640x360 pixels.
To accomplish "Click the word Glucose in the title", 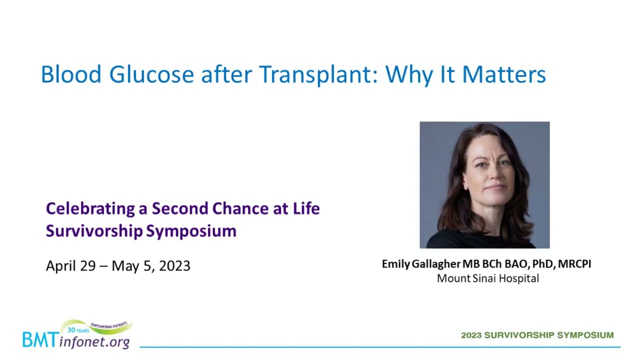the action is point(151,74).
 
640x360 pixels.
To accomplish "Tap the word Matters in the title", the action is point(504,74).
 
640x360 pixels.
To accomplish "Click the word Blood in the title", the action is point(71,74).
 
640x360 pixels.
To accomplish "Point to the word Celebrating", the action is point(90,209).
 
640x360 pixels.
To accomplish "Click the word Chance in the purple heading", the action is point(240,208).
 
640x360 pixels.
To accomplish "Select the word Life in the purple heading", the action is point(306,208).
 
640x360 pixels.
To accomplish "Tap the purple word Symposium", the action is point(191,231).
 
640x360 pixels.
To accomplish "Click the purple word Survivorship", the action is point(94,231).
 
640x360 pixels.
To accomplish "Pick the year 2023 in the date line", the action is point(174,265).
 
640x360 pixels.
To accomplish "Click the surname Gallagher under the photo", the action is point(436,264).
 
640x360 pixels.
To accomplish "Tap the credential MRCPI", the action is point(574,264).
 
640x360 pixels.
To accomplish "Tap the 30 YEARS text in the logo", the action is point(78,330).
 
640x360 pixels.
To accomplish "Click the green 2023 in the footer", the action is point(471,335).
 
